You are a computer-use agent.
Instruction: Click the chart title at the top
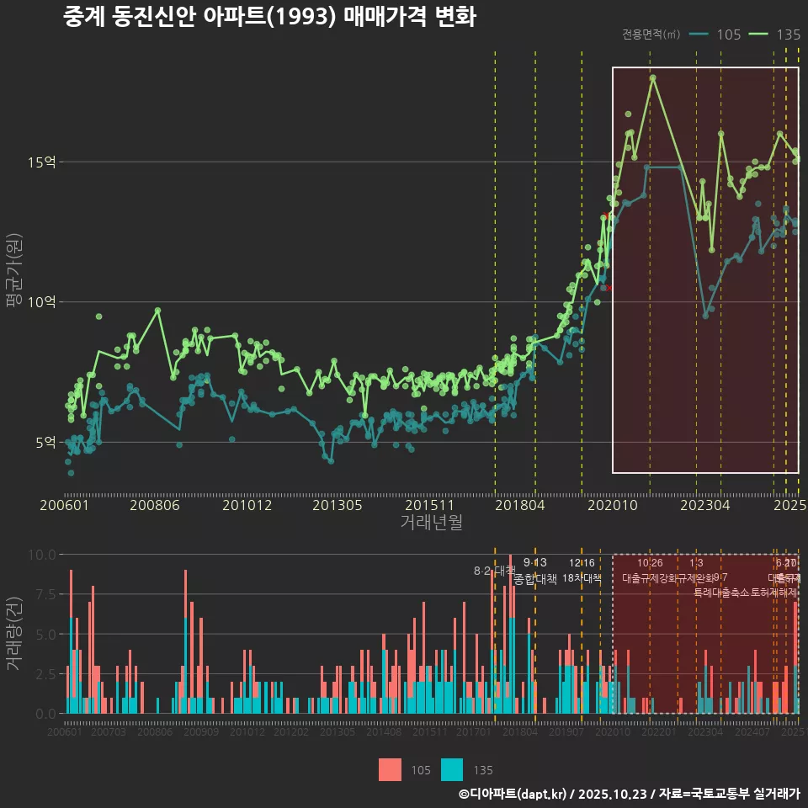coord(269,17)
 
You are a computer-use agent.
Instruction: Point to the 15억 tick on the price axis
coord(45,162)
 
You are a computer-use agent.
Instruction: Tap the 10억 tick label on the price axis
coord(45,302)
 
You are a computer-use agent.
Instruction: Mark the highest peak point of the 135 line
coord(652,77)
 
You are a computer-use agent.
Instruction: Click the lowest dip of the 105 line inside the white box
coord(705,316)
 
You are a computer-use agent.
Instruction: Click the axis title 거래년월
coord(431,523)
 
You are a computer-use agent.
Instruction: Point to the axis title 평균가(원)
coord(14,274)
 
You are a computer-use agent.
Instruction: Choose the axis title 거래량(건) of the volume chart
coord(14,634)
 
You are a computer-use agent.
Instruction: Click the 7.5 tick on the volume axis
coord(45,594)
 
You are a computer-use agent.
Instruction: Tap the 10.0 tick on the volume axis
coord(42,555)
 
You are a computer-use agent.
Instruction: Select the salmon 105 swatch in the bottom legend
coord(391,769)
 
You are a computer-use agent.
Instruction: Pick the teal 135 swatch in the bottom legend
coord(452,769)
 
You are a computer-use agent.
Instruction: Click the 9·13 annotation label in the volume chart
coord(534,563)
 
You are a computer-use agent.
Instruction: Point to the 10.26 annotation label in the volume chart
coord(650,563)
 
